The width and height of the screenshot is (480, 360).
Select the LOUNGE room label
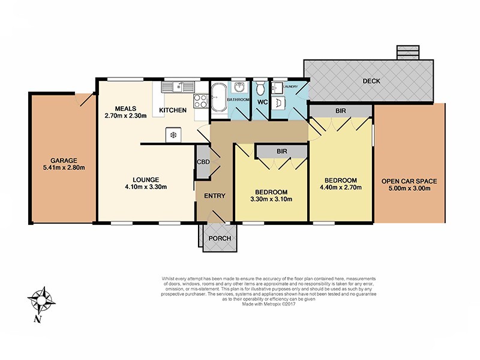pyautogui.click(x=146, y=179)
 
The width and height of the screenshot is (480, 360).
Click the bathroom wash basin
pyautogui.click(x=239, y=87)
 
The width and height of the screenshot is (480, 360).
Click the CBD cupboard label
pyautogui.click(x=203, y=161)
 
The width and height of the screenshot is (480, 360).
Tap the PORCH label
pyautogui.click(x=215, y=238)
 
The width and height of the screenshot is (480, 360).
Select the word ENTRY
pyautogui.click(x=214, y=196)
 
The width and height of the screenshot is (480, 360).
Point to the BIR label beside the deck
pyautogui.click(x=340, y=111)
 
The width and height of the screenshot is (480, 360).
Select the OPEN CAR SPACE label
pyautogui.click(x=409, y=181)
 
